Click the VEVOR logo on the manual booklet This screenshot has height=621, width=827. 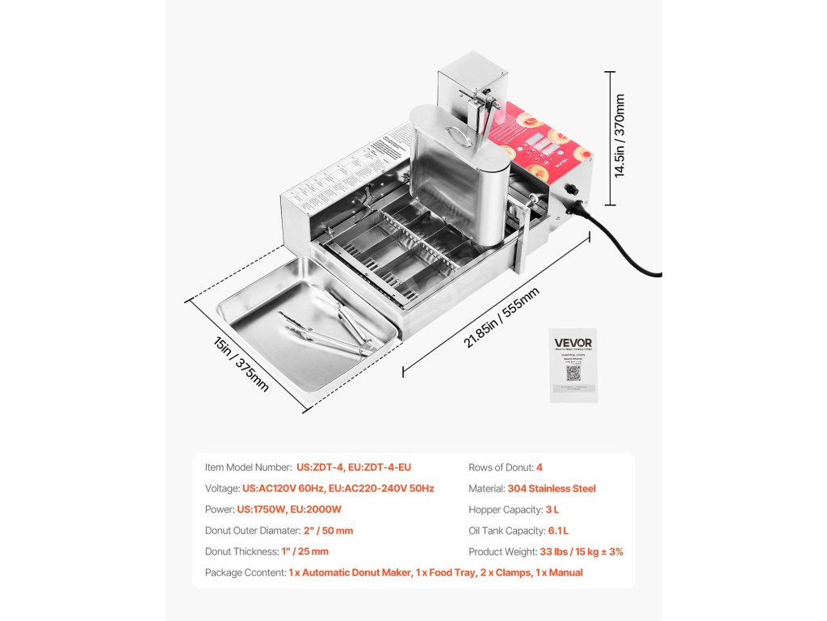(x=573, y=343)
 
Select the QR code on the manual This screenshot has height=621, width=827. (x=573, y=373)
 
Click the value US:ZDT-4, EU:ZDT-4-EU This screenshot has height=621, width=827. (x=354, y=467)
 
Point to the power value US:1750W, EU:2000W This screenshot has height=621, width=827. (x=289, y=509)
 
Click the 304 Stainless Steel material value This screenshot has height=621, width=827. (x=552, y=488)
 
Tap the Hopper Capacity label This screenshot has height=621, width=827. (x=503, y=509)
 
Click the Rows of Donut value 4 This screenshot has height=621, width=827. (x=539, y=467)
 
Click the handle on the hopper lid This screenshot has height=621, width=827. (x=457, y=133)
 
